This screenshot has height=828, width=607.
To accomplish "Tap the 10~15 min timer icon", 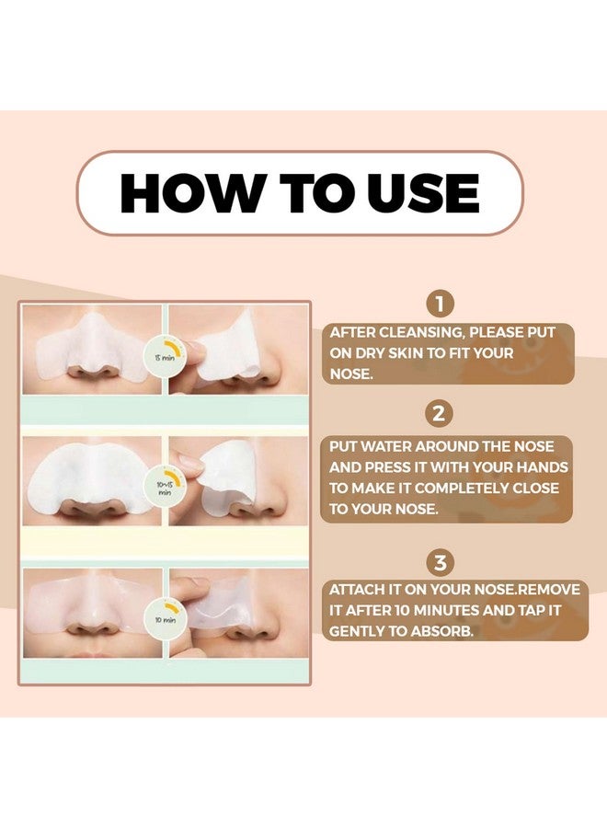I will pyautogui.click(x=166, y=484).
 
